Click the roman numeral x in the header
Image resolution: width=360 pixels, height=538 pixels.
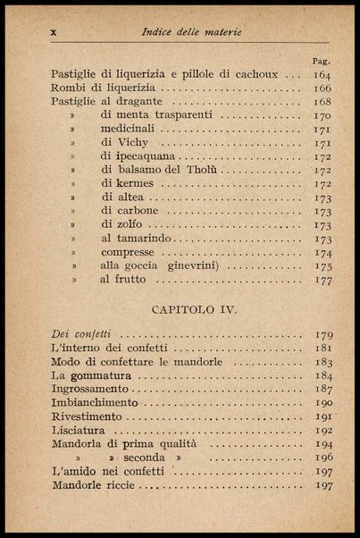54,33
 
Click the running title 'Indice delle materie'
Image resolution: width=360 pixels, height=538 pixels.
191,33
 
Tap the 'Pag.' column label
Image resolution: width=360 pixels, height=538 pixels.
322,61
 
